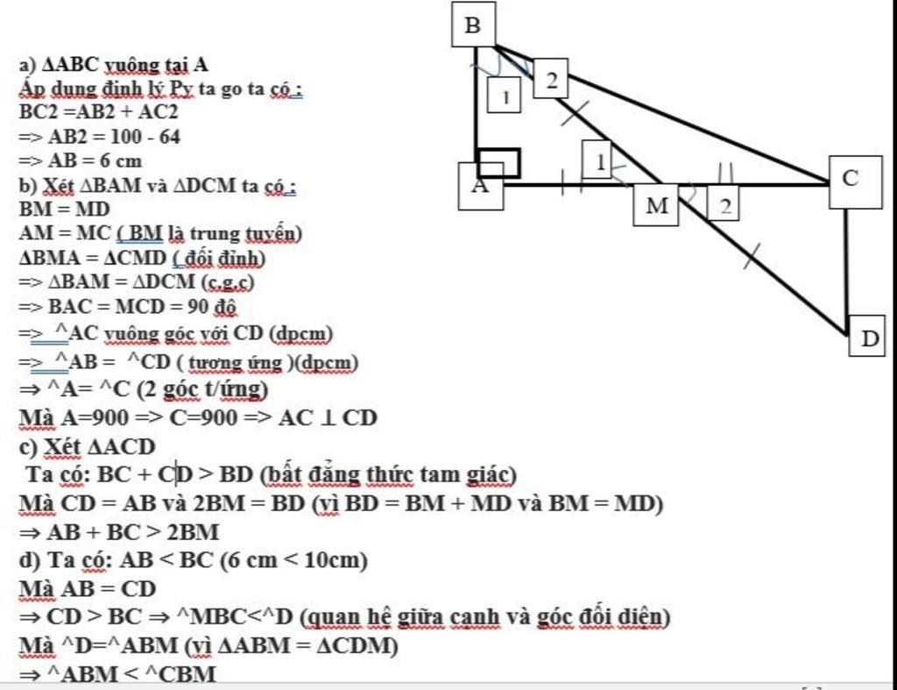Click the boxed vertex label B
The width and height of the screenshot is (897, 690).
coord(473,25)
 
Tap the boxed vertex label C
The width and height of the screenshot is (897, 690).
coord(855,181)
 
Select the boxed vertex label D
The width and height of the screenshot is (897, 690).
coord(868,338)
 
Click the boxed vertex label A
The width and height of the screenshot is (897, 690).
coord(480,186)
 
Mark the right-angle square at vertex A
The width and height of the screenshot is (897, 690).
coord(499,163)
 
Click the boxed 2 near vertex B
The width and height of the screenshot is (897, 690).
coord(551,81)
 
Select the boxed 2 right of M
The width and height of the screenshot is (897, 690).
coord(725,205)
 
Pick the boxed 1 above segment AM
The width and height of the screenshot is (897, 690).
coord(599,161)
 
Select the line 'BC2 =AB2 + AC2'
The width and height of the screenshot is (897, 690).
coord(99,112)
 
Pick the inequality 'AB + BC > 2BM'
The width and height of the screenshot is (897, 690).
coord(118,532)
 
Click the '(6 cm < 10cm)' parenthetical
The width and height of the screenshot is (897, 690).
coord(294,560)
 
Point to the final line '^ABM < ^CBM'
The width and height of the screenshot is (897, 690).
coord(118,673)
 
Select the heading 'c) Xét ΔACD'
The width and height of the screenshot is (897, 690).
coord(87,446)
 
